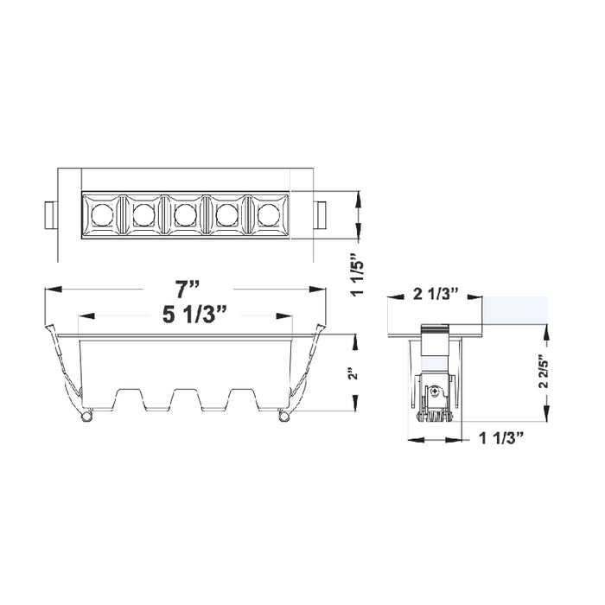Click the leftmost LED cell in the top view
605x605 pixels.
point(102,213)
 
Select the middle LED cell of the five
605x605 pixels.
point(184,213)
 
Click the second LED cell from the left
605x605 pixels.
point(143,213)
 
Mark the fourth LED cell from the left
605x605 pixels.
point(226,213)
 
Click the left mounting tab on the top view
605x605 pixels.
point(49,213)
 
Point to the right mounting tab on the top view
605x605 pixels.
point(321,213)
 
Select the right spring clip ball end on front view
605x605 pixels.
point(283,417)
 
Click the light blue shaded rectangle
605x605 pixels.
point(515,309)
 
